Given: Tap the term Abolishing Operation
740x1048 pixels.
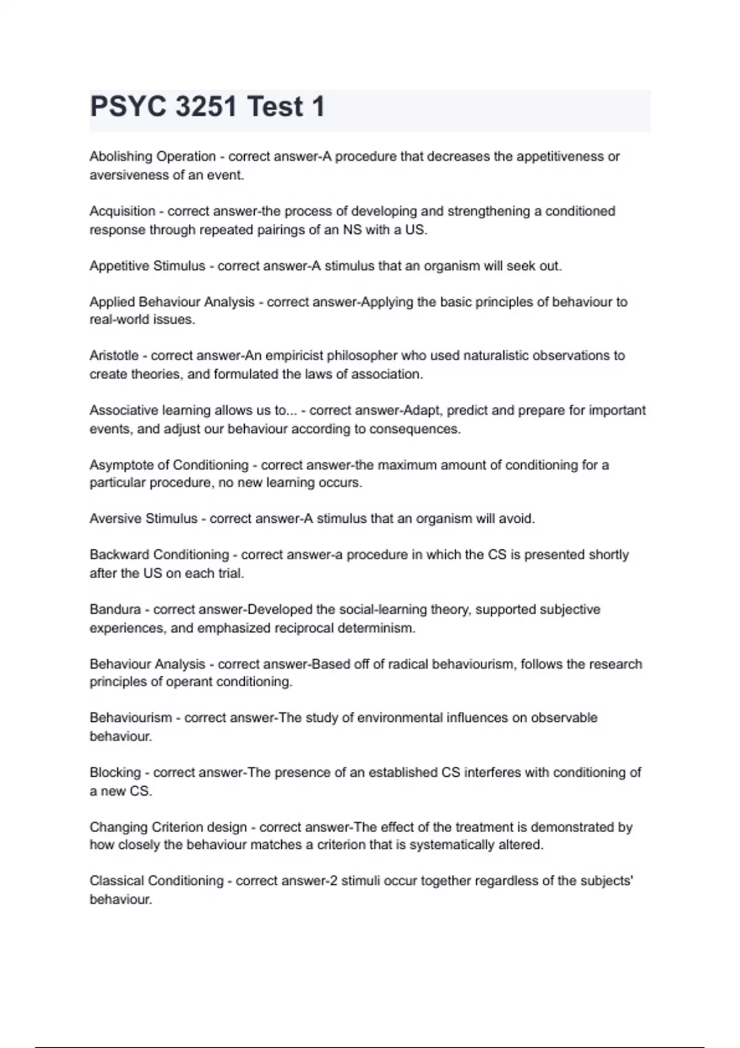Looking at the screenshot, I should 152,157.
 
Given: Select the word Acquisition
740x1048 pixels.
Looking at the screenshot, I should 122,211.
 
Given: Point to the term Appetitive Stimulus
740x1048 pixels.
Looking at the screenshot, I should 147,266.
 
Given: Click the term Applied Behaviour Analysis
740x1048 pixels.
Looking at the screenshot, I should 172,302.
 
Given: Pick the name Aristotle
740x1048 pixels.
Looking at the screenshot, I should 114,356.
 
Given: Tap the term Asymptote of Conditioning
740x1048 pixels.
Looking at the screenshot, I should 169,465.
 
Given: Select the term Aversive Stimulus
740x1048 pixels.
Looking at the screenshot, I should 144,519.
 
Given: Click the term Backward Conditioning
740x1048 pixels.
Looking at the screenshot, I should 159,555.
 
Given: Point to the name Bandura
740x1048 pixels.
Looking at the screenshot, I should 115,610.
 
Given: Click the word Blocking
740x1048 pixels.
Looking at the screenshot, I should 115,772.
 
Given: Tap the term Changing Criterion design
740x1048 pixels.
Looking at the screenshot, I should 168,827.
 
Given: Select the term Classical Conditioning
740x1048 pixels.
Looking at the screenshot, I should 157,881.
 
